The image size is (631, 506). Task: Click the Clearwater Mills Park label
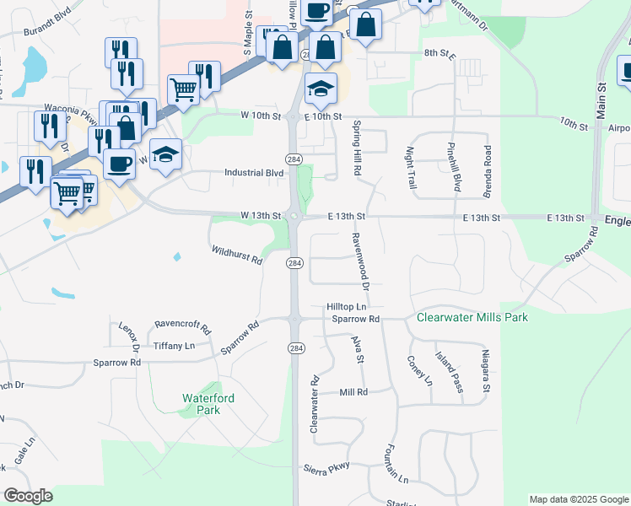(x=472, y=318)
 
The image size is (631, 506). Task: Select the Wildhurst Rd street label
(x=237, y=255)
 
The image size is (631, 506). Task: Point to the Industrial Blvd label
(x=253, y=173)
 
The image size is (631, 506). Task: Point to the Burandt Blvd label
(x=48, y=31)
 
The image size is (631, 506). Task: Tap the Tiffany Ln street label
(x=174, y=346)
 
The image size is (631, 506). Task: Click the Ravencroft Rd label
(x=182, y=324)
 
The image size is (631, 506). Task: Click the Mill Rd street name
(x=353, y=392)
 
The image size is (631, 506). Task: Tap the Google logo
(x=28, y=497)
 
